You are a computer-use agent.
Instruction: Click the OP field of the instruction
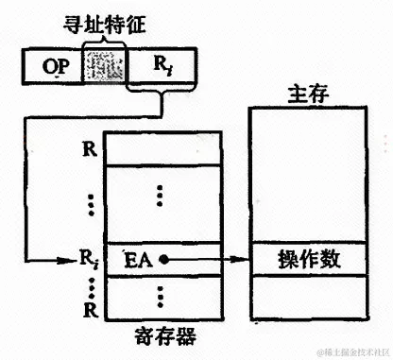point(51,65)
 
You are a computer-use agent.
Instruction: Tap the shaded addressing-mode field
point(104,65)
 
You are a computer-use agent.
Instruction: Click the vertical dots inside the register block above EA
point(162,194)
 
